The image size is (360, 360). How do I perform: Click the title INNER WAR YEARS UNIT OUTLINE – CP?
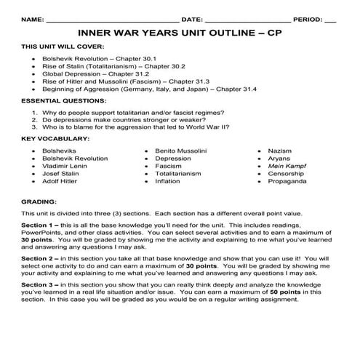(180, 33)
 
